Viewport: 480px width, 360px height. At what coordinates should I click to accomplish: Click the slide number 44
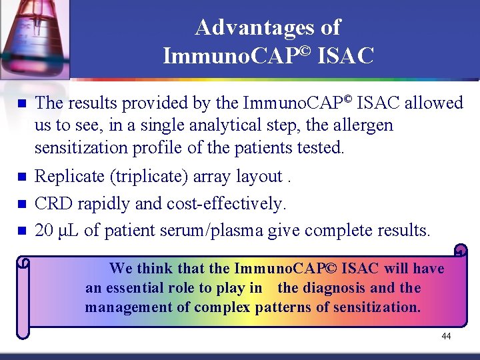point(446,336)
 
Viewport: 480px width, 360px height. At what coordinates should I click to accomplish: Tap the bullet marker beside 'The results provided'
point(21,104)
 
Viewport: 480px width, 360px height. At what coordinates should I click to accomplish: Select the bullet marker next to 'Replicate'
point(21,177)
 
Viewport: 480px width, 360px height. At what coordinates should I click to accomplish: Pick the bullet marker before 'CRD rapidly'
point(21,204)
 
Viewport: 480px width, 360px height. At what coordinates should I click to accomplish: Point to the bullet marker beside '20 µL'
point(21,231)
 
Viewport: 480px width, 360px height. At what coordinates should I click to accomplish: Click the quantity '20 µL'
point(57,231)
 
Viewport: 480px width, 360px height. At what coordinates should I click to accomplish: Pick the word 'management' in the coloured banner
point(125,307)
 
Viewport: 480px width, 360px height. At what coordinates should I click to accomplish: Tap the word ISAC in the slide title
point(346,56)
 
